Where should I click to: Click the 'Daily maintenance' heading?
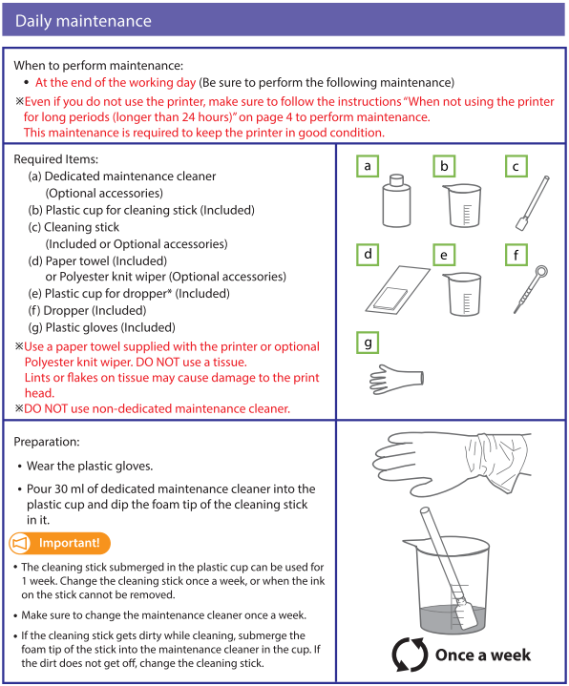point(83,21)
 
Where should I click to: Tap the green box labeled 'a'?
point(368,166)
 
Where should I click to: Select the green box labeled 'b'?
point(444,166)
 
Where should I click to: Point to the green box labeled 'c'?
point(516,166)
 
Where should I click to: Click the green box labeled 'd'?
point(368,255)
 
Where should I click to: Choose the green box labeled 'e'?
point(444,255)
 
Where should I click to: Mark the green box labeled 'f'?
point(516,255)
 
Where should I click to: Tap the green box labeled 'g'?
point(368,343)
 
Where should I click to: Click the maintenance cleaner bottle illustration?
point(396,200)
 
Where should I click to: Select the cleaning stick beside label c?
point(533,202)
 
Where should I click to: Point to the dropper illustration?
point(531,289)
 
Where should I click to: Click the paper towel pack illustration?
point(397,290)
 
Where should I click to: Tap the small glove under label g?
point(396,380)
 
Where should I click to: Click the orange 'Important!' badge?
point(59,543)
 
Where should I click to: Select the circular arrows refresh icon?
point(411,655)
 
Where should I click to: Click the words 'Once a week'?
point(483,655)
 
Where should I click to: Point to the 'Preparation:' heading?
point(47,442)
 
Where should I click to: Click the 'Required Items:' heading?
point(56,159)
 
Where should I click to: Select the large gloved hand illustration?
point(451,464)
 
